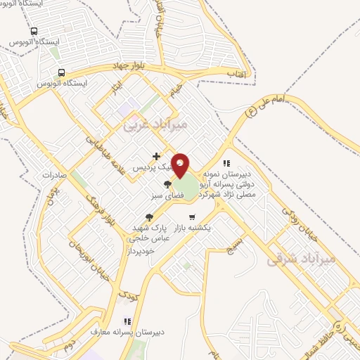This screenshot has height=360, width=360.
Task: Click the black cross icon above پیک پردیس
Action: coord(156,156)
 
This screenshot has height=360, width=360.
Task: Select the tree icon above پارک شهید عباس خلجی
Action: coord(148,217)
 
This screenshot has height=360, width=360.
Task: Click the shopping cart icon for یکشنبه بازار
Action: coord(191,217)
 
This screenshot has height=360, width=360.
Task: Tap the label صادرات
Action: coord(53,175)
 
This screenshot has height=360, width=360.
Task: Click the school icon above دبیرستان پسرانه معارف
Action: coord(127,319)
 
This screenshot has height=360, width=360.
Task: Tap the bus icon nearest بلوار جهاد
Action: coord(61,72)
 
